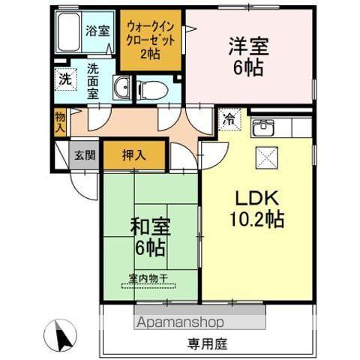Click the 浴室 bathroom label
(96, 31)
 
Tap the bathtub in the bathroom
(68, 33)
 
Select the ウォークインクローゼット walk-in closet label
(151, 38)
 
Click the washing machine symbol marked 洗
(64, 78)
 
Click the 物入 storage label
(60, 121)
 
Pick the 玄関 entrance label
(84, 156)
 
